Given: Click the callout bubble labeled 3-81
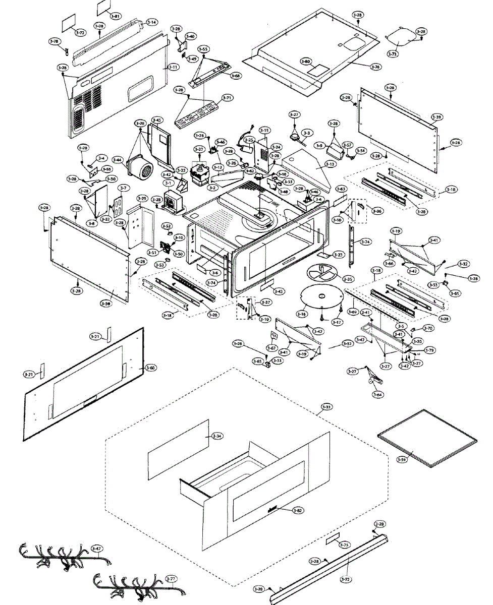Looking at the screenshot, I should click(x=116, y=17).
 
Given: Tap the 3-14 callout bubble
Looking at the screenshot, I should click(x=152, y=22).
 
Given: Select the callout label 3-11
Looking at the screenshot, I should click(x=173, y=67).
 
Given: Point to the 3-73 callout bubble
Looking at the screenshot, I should click(x=393, y=53).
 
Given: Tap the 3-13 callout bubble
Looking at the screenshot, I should click(x=330, y=164).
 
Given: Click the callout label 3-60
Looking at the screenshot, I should click(x=150, y=368).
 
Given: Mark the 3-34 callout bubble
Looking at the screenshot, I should click(x=217, y=436).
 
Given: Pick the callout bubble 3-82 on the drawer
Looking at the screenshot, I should click(x=298, y=511).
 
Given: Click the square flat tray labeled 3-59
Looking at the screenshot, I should click(x=426, y=438).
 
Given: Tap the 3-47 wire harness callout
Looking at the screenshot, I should click(x=96, y=548).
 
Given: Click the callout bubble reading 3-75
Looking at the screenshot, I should click(x=344, y=545).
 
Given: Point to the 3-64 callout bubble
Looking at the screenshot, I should click(x=377, y=395).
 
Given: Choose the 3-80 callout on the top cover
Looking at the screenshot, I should click(x=305, y=61).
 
